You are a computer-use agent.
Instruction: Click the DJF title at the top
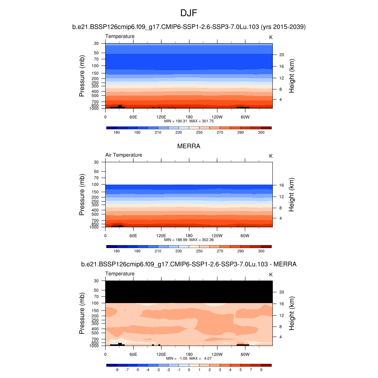coord(189,14)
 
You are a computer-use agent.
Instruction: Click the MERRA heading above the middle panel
coord(189,146)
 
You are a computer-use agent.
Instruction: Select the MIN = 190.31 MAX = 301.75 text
coord(189,121)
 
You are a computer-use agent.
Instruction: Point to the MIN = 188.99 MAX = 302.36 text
coord(189,240)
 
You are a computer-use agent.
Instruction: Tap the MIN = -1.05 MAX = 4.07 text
coord(189,358)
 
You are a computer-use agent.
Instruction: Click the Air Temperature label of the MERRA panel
coord(124,155)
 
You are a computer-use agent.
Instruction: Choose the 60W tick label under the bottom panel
coord(245,354)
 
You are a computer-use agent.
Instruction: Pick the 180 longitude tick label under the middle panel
coord(189,236)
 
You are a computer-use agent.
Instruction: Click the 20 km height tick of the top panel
coord(281,55)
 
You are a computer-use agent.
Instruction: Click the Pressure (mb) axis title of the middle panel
coord(82,195)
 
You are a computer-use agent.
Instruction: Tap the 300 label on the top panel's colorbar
coord(261,132)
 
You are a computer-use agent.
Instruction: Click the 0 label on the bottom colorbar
coord(189,370)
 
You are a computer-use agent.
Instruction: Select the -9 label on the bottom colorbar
coord(116,370)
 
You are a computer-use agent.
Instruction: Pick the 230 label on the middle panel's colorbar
coord(179,251)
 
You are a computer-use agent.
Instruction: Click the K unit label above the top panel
coord(271,37)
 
